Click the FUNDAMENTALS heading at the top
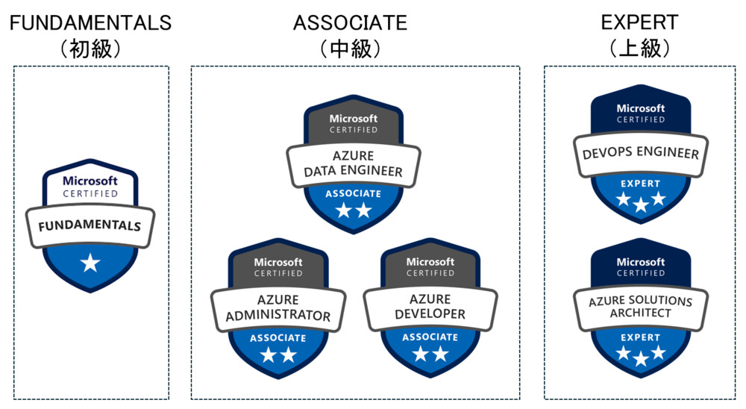coord(90,22)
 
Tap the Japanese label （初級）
coord(90,49)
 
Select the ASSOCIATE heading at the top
coord(350,22)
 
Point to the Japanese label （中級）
coord(350,49)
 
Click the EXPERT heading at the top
coord(639,22)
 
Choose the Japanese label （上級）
coord(639,49)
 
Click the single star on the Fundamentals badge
coord(90,262)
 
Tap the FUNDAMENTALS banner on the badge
coord(90,224)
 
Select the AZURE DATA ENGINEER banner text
coord(354,163)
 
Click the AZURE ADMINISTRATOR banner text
coord(278,307)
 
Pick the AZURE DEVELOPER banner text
coord(430,307)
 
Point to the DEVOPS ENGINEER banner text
coord(640,154)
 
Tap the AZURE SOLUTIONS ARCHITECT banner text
coord(640,307)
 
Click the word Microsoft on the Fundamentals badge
coord(90,181)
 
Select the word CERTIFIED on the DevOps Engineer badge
coord(640,119)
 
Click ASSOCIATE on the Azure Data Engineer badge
coord(354,194)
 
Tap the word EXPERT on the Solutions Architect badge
coord(640,337)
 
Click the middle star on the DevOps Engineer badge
coord(640,204)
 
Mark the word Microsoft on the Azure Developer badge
coord(430,262)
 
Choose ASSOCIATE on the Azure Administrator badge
coord(278,338)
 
